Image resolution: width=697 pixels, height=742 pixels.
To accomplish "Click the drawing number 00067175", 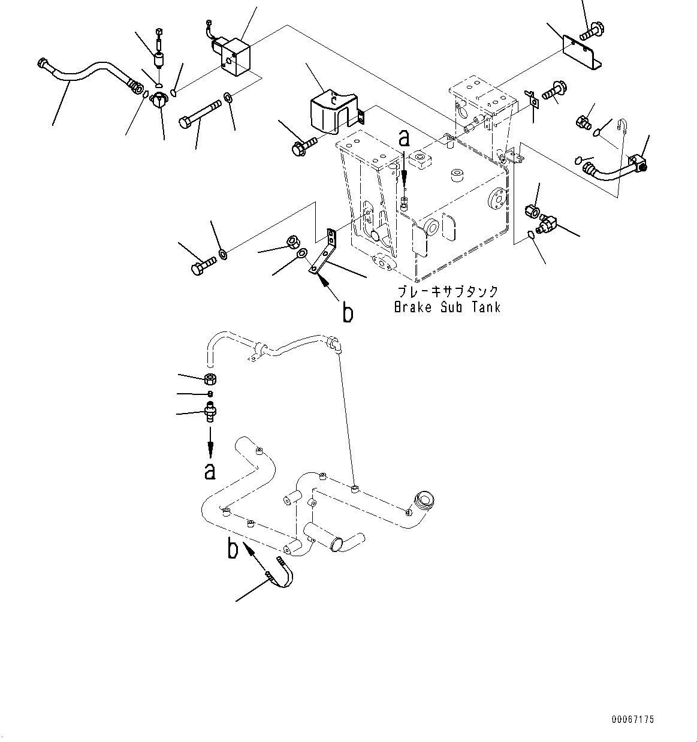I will [x=633, y=719].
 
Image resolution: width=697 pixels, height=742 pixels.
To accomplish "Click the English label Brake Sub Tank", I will [x=447, y=307].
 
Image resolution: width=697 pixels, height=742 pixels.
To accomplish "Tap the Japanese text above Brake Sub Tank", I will [x=447, y=292].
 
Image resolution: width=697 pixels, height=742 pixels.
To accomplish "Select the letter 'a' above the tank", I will [x=405, y=140].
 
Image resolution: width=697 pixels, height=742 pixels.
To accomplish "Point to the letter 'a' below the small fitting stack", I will [x=210, y=471].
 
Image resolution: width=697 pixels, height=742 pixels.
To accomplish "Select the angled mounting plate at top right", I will [x=581, y=50].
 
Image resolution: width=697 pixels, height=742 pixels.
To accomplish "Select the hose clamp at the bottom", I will [x=282, y=572].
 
